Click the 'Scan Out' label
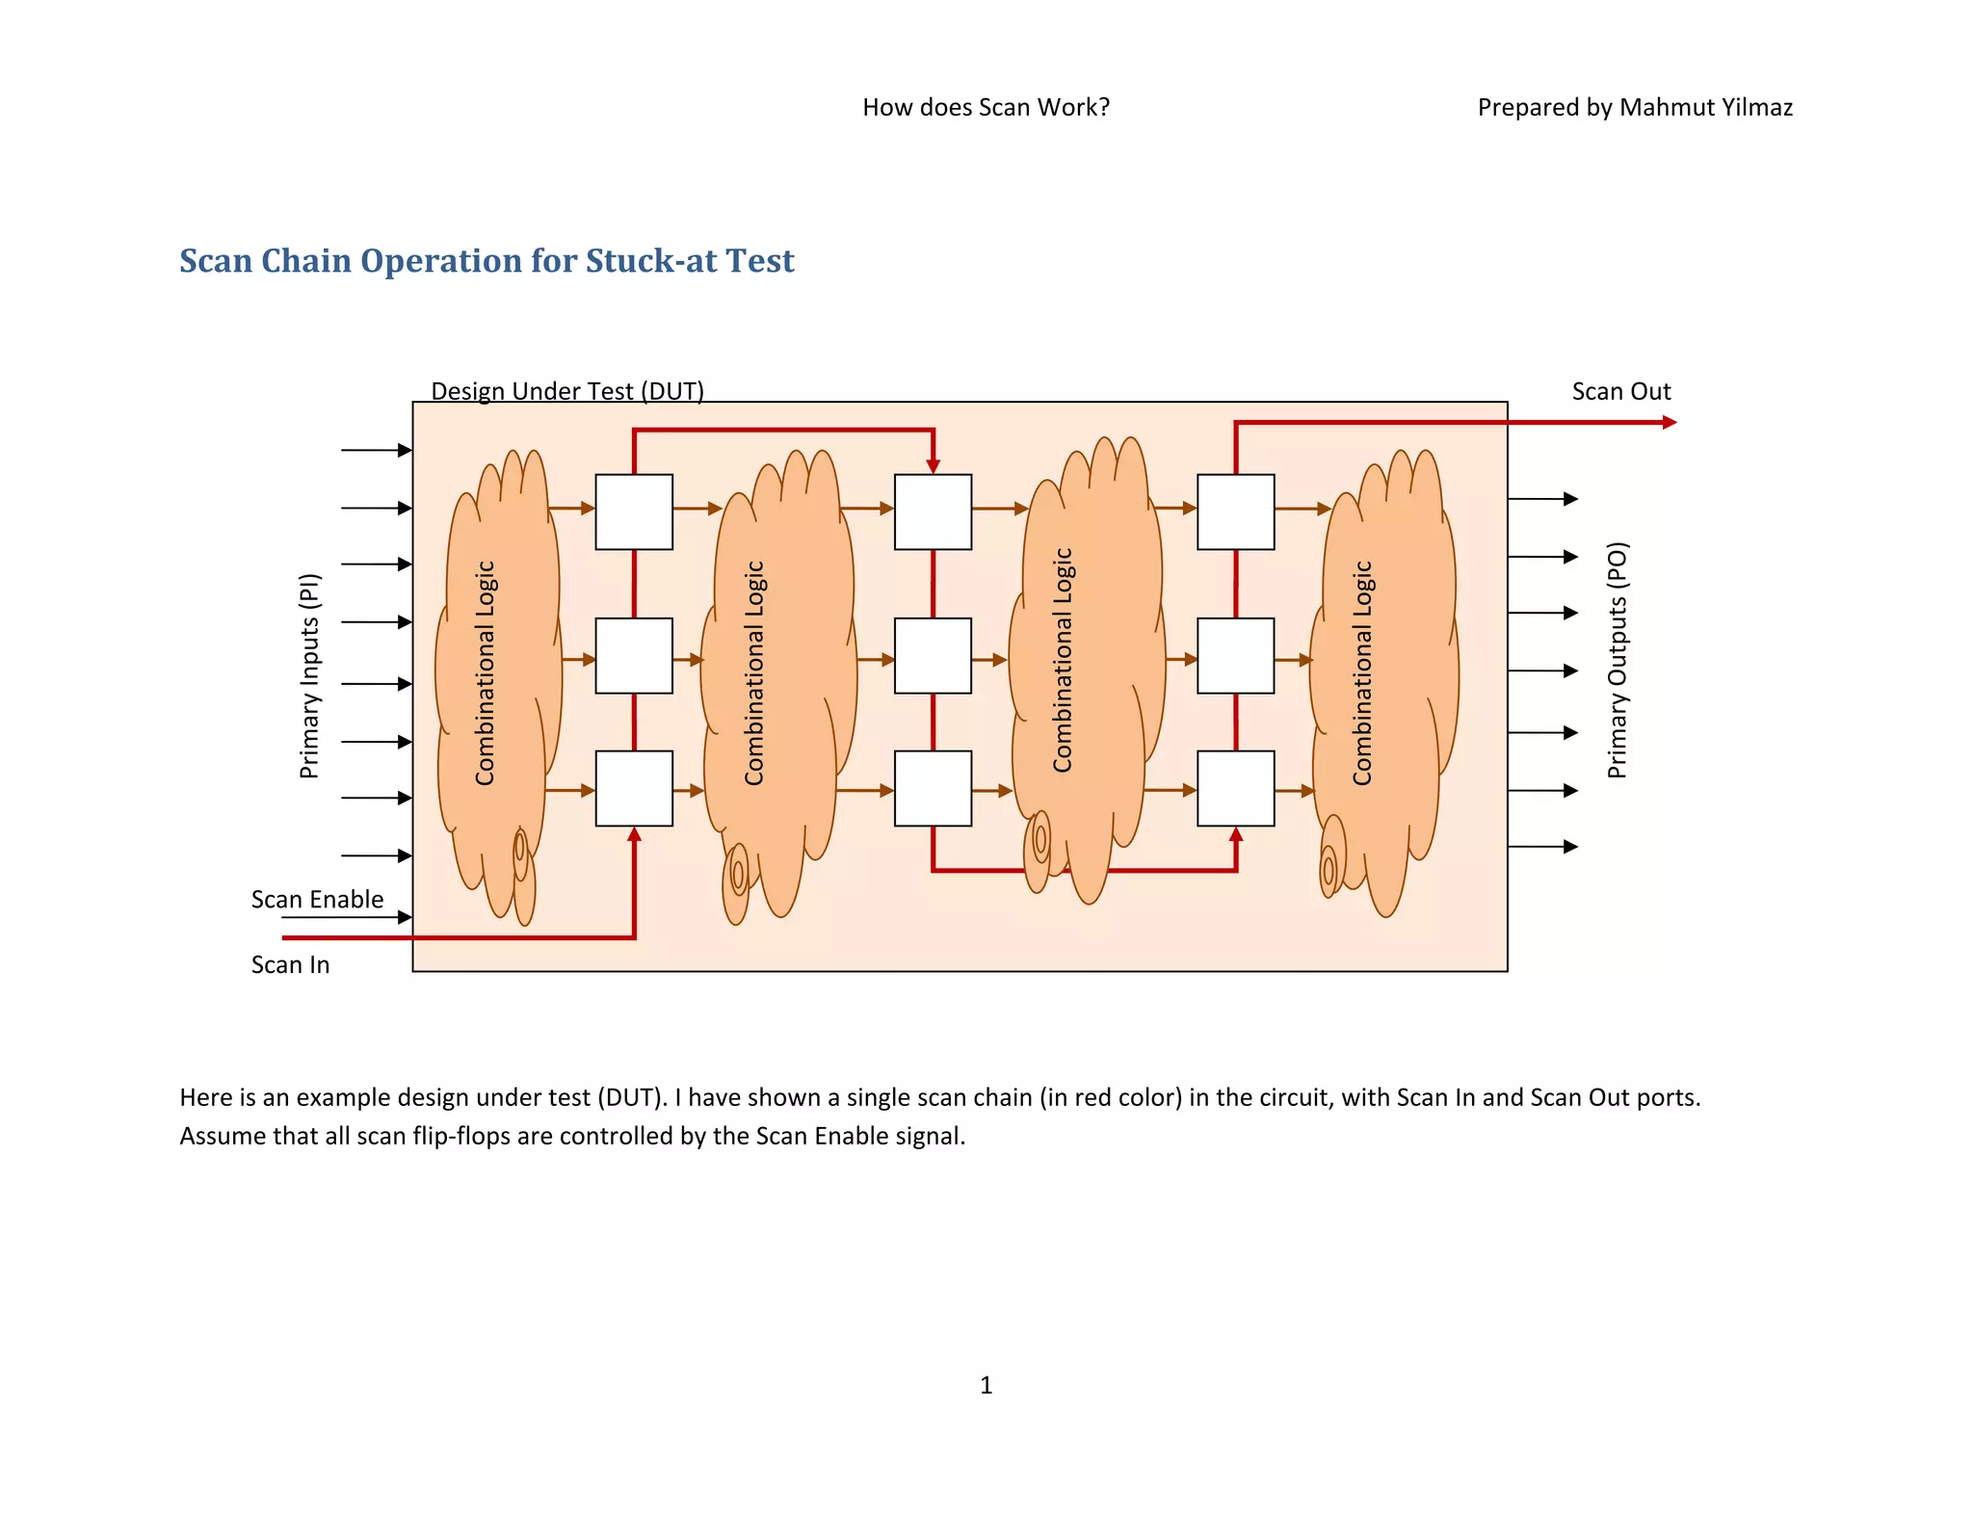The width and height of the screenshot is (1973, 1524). (x=1620, y=391)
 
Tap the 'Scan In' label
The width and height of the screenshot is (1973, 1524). (x=290, y=964)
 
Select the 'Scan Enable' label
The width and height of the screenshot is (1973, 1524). (x=317, y=899)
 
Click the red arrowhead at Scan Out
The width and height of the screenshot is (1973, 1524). (x=1670, y=422)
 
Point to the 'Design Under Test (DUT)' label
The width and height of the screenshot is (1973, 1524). (x=566, y=391)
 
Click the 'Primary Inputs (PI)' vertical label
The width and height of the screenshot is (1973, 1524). (x=308, y=675)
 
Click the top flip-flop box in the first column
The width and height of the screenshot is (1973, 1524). (x=634, y=512)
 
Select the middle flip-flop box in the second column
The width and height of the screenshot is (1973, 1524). (x=933, y=655)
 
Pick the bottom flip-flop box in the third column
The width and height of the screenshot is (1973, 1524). (x=1235, y=788)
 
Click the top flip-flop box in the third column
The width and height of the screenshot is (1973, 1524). (x=1235, y=512)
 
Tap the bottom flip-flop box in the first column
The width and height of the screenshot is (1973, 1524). (x=634, y=788)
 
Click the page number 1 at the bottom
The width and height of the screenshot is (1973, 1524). (x=986, y=1384)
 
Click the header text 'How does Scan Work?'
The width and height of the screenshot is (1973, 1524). (x=986, y=107)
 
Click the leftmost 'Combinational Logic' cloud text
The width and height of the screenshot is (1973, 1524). (x=485, y=672)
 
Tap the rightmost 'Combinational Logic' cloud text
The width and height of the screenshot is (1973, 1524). (x=1361, y=672)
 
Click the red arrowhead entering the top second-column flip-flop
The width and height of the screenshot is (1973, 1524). (x=933, y=466)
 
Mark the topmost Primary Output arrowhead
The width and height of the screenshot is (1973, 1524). (x=1570, y=499)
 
